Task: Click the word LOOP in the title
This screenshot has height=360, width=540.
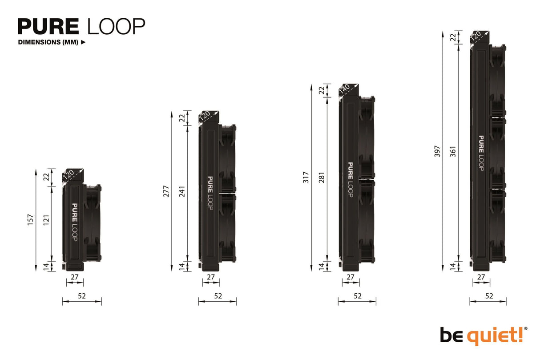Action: coord(117,26)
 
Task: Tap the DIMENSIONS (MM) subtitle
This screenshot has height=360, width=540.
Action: coord(48,43)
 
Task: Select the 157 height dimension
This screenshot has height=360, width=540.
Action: coord(30,220)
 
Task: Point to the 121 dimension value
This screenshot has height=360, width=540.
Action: coord(47,220)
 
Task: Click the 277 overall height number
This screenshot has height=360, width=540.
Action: coord(166,192)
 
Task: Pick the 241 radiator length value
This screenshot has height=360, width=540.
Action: coord(182,192)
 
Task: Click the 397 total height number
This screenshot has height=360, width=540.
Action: coord(437,152)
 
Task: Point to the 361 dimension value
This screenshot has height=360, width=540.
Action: coord(453,152)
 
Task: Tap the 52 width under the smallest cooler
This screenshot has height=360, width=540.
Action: coord(82,295)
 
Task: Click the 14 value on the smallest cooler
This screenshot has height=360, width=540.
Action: coord(47,266)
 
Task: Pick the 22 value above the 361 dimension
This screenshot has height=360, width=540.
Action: coord(453,38)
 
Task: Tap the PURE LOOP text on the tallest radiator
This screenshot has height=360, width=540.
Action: coord(481,153)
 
